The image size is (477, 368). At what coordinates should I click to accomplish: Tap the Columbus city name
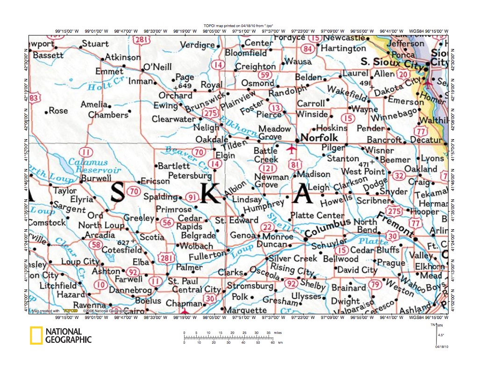tap(329, 228)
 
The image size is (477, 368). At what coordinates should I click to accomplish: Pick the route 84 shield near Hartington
tap(307, 49)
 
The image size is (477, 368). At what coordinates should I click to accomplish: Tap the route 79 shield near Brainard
tap(375, 284)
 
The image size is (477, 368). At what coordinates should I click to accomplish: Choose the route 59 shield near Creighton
tap(265, 75)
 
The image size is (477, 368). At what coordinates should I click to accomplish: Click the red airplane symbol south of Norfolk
tap(292, 149)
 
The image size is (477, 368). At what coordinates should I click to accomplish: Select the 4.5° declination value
tap(440, 335)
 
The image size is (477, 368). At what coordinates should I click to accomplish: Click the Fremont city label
tap(395, 223)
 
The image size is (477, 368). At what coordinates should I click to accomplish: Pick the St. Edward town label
tap(236, 220)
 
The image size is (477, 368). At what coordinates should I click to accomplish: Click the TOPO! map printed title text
tap(238, 25)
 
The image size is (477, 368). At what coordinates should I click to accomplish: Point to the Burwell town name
tap(96, 178)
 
